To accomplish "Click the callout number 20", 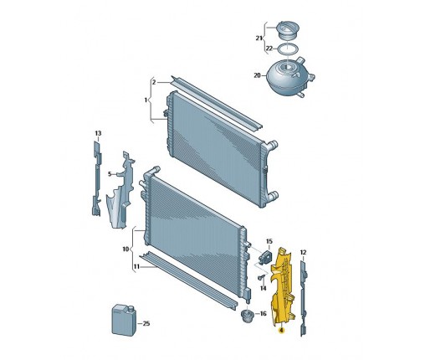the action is [257, 75].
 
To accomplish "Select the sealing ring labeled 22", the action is [288, 49].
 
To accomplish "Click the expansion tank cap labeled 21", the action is [287, 31].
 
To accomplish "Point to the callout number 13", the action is [98, 133].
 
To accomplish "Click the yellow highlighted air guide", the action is [283, 286].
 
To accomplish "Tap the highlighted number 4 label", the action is [281, 331].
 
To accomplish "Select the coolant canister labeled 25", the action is [124, 320].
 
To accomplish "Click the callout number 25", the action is [146, 324].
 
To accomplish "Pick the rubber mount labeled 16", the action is [248, 316].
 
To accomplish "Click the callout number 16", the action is [263, 314].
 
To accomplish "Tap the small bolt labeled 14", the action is [261, 278].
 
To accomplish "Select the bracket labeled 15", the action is [265, 257].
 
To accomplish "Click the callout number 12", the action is [303, 252].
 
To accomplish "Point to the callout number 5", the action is [110, 174].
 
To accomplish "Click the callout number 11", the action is [136, 267].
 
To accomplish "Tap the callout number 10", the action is [125, 249].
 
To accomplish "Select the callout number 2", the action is [154, 82].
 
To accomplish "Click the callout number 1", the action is [146, 100].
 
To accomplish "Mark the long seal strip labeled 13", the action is [97, 178].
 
